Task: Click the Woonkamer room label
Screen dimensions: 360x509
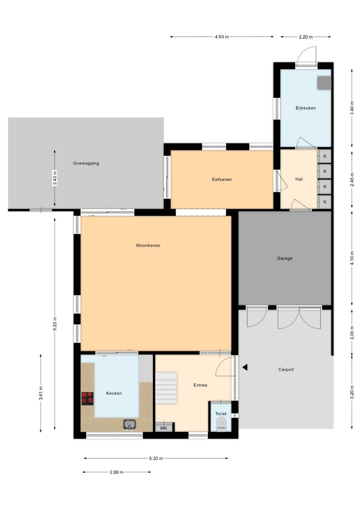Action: tap(148, 246)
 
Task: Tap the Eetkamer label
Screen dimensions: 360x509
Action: tap(222, 179)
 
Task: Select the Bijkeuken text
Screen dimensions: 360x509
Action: tap(305, 108)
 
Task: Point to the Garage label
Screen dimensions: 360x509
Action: tap(285, 258)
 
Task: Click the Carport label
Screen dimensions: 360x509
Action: tap(286, 370)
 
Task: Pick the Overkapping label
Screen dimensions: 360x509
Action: tap(86, 163)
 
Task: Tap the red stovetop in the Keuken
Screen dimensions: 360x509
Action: tap(87, 399)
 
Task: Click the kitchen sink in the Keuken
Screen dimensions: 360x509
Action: tap(130, 424)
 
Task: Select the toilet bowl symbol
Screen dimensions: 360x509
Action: tap(221, 424)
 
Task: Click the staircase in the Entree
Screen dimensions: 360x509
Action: tap(166, 388)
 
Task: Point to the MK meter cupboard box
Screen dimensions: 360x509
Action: tap(164, 427)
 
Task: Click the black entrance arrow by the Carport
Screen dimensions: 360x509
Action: tap(245, 367)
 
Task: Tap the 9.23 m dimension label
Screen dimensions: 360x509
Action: tap(55, 324)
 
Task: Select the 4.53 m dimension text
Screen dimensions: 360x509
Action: tap(222, 36)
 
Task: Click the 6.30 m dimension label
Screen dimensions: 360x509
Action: tap(156, 458)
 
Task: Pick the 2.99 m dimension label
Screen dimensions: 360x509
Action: tap(117, 472)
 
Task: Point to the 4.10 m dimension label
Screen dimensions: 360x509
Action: tap(352, 258)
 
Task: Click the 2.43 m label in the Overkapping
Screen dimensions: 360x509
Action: tap(55, 178)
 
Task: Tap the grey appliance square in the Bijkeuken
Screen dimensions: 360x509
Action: tap(324, 82)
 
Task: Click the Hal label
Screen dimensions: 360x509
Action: tap(299, 179)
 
